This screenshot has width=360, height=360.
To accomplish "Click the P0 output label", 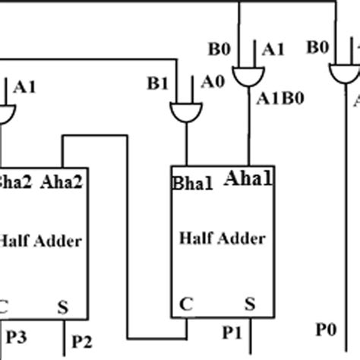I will (x=327, y=329).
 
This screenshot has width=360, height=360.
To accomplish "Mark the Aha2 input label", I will (x=62, y=182).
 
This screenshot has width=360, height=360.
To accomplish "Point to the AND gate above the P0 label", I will (x=343, y=74).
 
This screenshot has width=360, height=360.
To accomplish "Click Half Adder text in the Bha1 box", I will (x=223, y=238).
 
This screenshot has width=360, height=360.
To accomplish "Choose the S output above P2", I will (x=63, y=310).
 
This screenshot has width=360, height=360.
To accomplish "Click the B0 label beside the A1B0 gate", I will (x=218, y=49).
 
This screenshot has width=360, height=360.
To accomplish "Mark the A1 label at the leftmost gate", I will (x=25, y=87).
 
